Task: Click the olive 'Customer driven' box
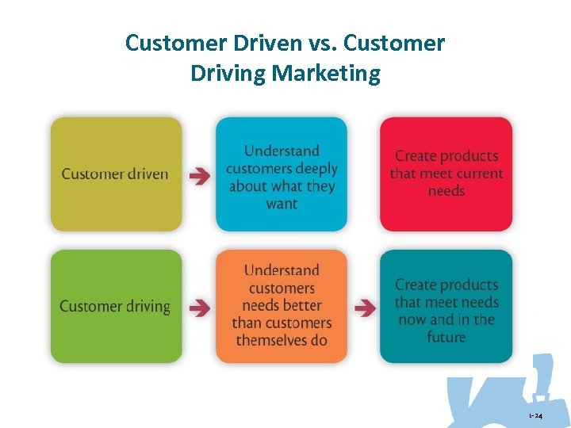pyautogui.click(x=116, y=174)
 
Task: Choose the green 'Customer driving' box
pyautogui.click(x=116, y=307)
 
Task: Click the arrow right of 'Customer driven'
pyautogui.click(x=200, y=176)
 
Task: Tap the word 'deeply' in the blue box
pyautogui.click(x=314, y=169)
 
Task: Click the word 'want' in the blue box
pyautogui.click(x=282, y=204)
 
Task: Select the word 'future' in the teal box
pyautogui.click(x=446, y=337)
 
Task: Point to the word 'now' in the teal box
pyautogui.click(x=412, y=319)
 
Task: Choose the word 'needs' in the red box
pyautogui.click(x=446, y=191)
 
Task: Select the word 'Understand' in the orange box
pyautogui.click(x=282, y=270)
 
